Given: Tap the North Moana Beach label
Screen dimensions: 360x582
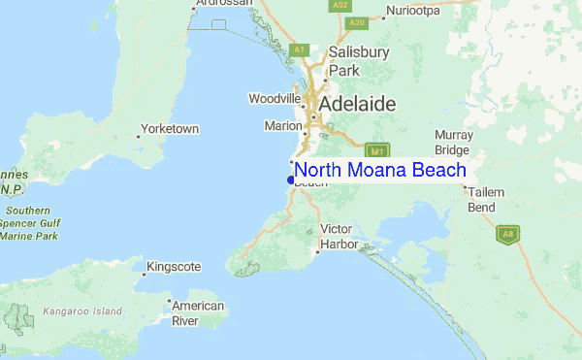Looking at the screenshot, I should tap(380, 170).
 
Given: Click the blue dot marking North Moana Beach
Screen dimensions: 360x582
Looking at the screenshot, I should tap(291, 180).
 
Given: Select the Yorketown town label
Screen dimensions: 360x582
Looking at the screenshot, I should tap(169, 128).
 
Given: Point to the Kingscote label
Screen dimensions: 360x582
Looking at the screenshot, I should tap(174, 266).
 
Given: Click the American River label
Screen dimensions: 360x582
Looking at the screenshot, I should tap(198, 312).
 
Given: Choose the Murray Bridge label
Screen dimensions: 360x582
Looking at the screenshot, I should tap(453, 142).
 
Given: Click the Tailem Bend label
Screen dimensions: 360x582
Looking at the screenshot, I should tap(486, 199).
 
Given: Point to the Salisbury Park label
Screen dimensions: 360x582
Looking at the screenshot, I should tap(358, 60).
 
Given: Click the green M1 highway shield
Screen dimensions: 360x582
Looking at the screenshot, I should tap(377, 151).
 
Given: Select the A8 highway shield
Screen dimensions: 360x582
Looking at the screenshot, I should tap(505, 234).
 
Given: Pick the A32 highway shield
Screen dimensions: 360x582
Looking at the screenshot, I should tap(339, 5).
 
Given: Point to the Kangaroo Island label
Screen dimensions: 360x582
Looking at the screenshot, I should tap(82, 311).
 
